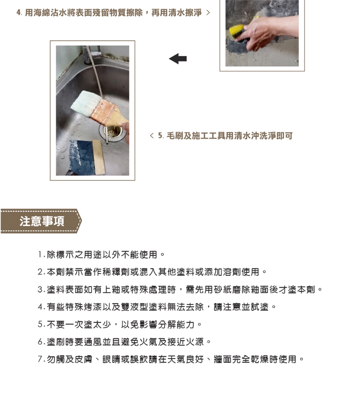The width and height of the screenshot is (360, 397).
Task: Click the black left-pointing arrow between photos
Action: pyautogui.click(x=178, y=58)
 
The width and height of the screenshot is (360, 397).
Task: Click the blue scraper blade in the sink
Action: pyautogui.click(x=81, y=157)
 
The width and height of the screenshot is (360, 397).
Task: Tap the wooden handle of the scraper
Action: pyautogui.click(x=99, y=157)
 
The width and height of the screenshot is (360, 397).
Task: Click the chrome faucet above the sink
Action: pyautogui.click(x=91, y=54)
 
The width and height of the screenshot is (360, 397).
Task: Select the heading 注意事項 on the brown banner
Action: pyautogui.click(x=42, y=221)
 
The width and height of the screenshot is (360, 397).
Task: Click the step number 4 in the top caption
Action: pyautogui.click(x=18, y=12)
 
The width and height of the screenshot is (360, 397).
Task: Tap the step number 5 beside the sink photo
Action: pyautogui.click(x=160, y=136)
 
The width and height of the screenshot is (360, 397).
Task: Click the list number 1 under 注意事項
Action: pyautogui.click(x=40, y=255)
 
